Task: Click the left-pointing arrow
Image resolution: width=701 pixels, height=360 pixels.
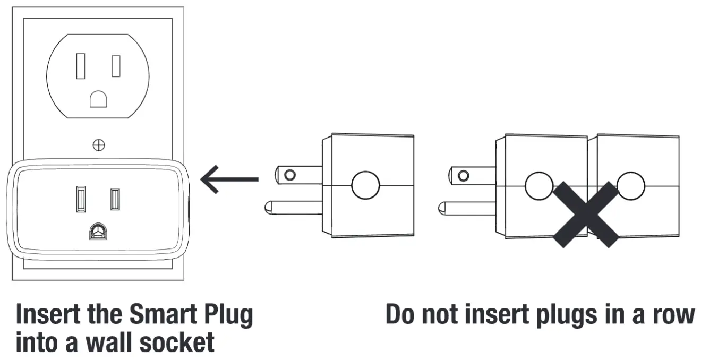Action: click(x=228, y=179)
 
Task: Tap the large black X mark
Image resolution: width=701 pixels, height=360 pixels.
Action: click(x=586, y=215)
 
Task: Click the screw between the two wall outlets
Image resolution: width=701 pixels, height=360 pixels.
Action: click(x=98, y=144)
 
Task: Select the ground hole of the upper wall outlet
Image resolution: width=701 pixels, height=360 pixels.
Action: click(x=98, y=99)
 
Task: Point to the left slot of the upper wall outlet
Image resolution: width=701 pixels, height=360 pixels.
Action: click(x=81, y=66)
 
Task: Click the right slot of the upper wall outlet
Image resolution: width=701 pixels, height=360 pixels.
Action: click(x=116, y=66)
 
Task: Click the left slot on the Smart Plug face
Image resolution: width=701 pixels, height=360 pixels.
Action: click(x=81, y=198)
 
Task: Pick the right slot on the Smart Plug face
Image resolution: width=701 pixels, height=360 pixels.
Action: click(x=115, y=199)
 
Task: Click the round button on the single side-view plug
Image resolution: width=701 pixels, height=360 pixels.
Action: click(x=365, y=185)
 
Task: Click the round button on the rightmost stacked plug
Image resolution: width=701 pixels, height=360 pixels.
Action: click(x=631, y=185)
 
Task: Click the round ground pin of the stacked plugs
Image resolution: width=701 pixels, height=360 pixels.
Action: click(x=467, y=207)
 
